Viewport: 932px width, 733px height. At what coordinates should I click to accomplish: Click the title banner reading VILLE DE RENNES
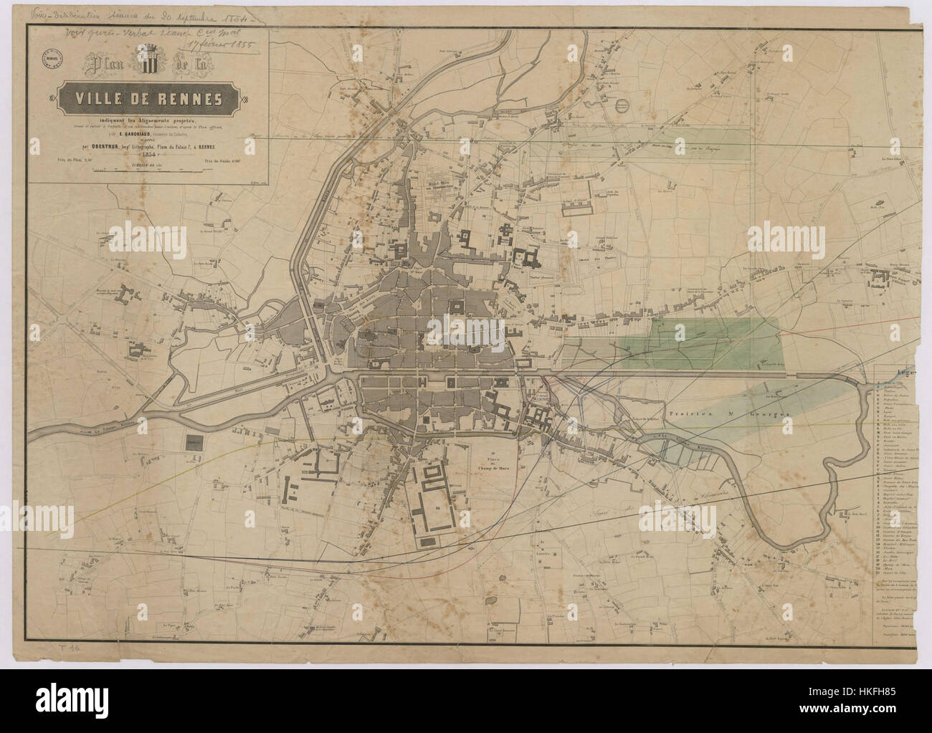point(151,98)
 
